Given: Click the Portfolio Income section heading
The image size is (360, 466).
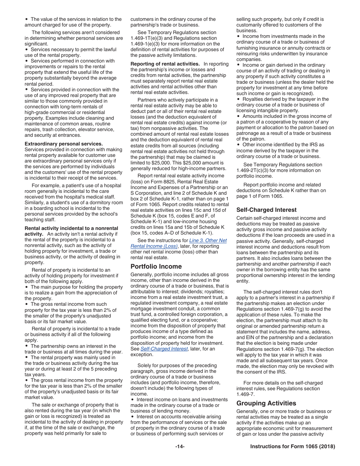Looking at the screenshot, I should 156,266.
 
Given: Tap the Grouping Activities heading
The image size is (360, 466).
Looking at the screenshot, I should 266,403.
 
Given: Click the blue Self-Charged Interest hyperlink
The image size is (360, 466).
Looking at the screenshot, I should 164,349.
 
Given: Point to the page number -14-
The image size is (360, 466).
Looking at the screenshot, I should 180,447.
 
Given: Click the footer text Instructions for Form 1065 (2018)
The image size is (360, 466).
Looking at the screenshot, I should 293,447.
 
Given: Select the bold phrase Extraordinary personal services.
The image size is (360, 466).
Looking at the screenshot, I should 64,144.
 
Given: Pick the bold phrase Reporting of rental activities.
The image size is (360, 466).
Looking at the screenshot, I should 165,64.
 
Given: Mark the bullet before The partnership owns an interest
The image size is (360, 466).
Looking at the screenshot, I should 27,346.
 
